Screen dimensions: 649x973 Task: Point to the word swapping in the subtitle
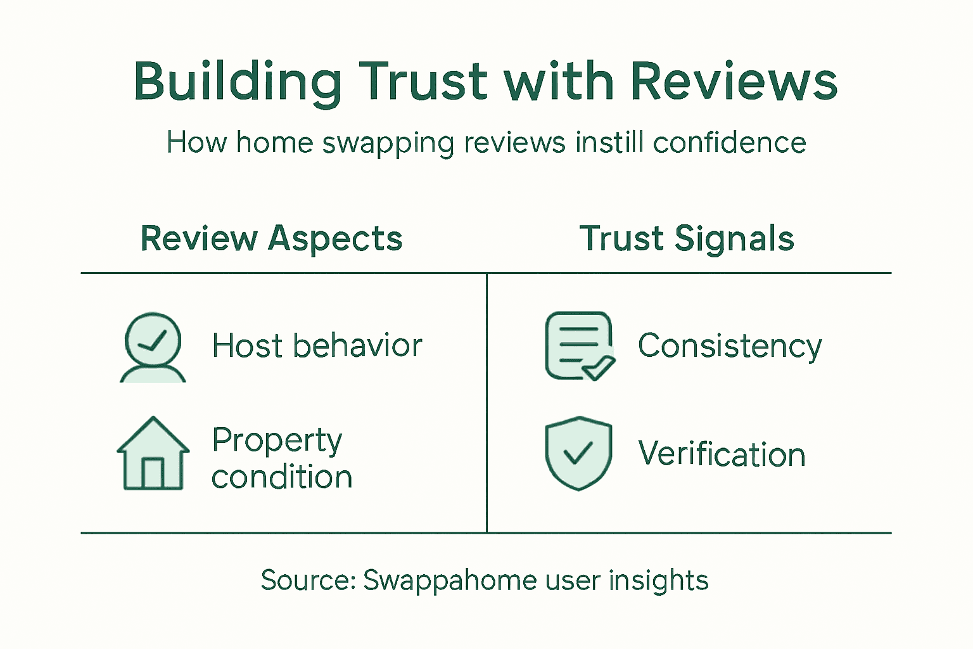point(388,143)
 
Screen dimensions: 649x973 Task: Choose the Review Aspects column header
point(271,239)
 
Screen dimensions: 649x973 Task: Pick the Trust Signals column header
point(687,239)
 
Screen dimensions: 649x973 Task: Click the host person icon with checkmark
point(153,347)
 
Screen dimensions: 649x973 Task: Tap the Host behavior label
point(317,346)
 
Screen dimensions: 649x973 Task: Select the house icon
point(153,453)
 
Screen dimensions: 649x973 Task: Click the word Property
point(277,440)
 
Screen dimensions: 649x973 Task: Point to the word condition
point(282,477)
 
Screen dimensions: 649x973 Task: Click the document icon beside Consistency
point(579,345)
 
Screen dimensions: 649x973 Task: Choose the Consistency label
point(730,347)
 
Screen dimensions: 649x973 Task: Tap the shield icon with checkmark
point(578,453)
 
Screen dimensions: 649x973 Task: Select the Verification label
point(722,454)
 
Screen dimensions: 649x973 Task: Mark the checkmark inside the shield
point(578,453)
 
